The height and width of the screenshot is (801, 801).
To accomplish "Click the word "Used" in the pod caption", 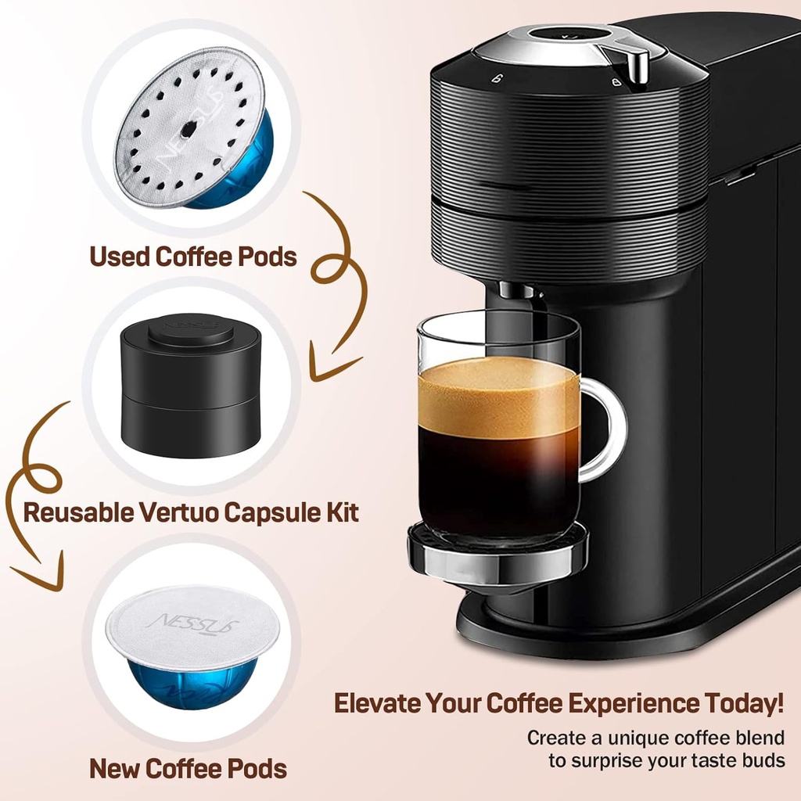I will (x=119, y=256).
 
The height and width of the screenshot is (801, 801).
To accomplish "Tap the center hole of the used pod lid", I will (x=189, y=127).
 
